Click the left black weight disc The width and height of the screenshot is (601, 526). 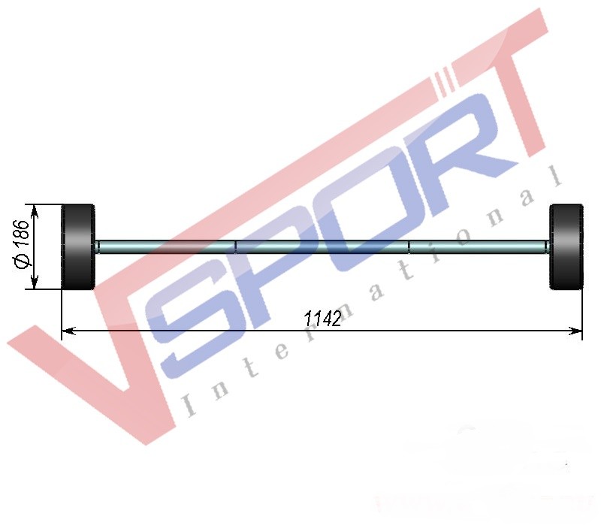[x=78, y=247]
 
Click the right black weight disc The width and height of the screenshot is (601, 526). [x=566, y=247]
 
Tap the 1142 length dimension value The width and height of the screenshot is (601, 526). [x=322, y=319]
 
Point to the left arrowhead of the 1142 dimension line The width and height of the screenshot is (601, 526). [x=68, y=331]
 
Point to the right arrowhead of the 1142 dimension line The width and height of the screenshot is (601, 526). [x=575, y=331]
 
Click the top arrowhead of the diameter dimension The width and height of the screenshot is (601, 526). [x=35, y=212]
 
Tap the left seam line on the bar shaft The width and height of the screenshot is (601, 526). [x=235, y=247]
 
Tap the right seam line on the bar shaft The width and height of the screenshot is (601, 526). [x=409, y=247]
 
